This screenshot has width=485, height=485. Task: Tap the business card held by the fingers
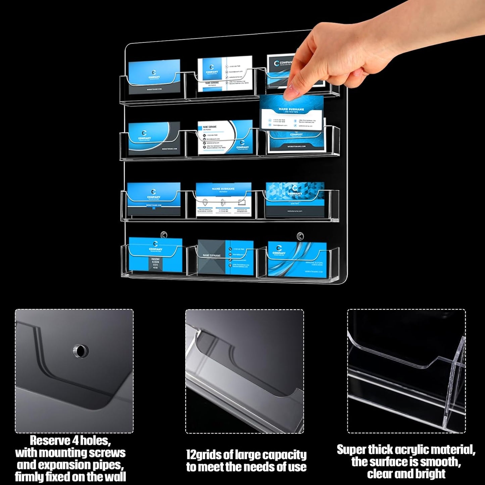[x=291, y=112]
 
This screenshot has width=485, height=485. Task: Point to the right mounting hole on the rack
[x=300, y=236]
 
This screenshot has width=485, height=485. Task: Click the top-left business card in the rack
[x=154, y=77]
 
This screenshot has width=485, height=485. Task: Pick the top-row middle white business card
[x=225, y=74]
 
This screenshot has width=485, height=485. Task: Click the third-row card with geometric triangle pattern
[x=295, y=200]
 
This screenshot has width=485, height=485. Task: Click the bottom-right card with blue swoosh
[x=297, y=258]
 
